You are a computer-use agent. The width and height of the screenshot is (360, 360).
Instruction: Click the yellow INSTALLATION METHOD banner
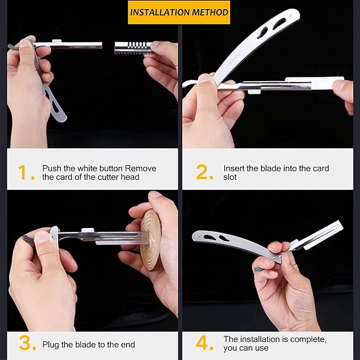click(179, 12)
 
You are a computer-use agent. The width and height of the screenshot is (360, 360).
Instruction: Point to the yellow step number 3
click(27, 343)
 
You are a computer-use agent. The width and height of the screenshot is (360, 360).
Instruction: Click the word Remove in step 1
click(141, 168)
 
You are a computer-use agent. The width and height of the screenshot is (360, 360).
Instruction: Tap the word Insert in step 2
click(234, 168)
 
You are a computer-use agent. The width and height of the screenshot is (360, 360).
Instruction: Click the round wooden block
click(151, 239)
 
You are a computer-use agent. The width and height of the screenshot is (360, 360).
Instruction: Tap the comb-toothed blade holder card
click(133, 48)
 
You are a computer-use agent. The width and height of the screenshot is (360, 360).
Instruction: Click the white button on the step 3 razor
click(87, 230)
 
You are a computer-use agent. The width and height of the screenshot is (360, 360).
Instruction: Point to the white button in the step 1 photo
click(57, 41)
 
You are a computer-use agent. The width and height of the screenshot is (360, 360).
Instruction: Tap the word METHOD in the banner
click(210, 12)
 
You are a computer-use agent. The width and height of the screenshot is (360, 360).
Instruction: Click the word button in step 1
click(108, 168)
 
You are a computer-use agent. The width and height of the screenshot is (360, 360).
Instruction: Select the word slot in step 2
click(230, 177)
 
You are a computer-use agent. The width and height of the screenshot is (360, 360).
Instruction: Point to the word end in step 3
click(128, 345)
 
